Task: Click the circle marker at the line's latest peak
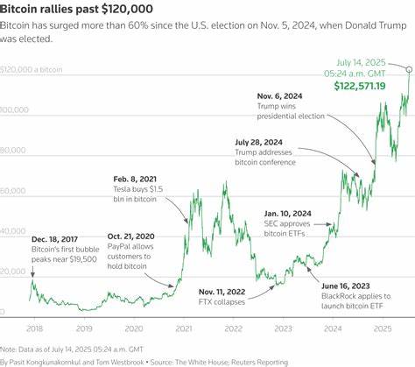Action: point(410,67)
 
